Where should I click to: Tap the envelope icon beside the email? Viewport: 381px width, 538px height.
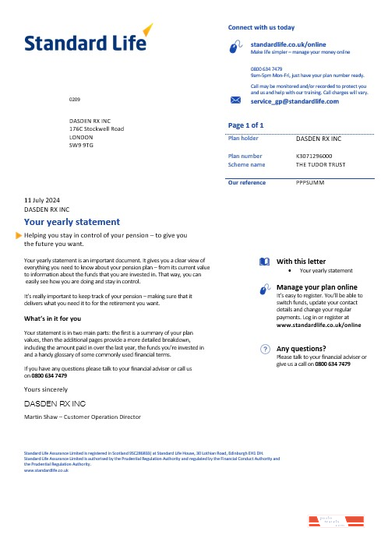(x=237, y=101)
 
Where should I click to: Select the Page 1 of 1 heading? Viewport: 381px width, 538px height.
(x=245, y=125)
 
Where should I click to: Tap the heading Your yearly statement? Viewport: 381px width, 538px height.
(x=72, y=221)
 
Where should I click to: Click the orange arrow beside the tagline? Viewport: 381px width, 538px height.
(x=19, y=234)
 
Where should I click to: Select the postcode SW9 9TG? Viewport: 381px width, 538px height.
(x=81, y=146)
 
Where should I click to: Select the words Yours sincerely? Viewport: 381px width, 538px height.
(x=46, y=389)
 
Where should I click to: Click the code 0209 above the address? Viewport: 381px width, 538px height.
(x=74, y=101)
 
